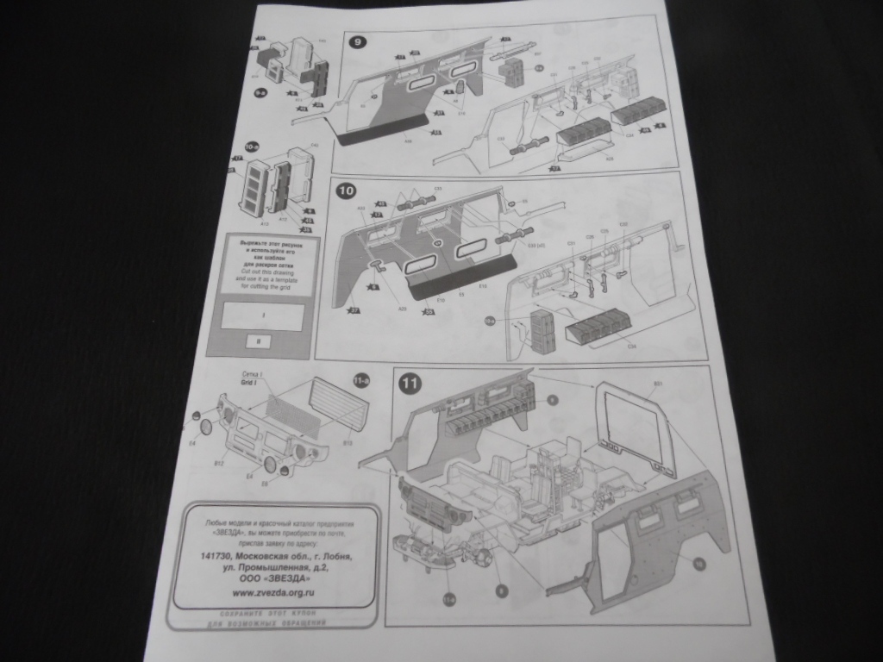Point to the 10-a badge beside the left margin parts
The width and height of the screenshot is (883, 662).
(x=253, y=148)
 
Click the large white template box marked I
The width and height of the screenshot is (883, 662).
(x=262, y=316)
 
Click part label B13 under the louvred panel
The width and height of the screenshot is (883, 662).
(x=347, y=443)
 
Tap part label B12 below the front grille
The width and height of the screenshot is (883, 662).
(x=219, y=463)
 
